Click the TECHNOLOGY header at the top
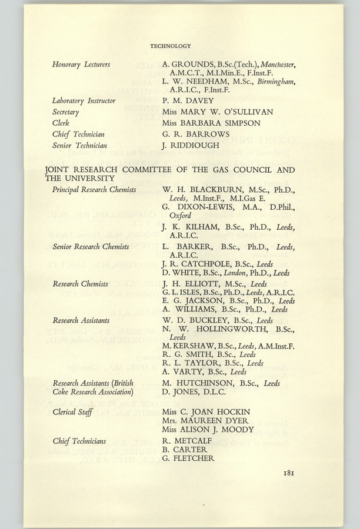pyautogui.click(x=171, y=45)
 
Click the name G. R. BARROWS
pyautogui.click(x=190, y=134)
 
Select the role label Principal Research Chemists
pyautogui.click(x=94, y=190)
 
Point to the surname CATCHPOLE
pyautogui.click(x=204, y=264)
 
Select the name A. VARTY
pyautogui.click(x=182, y=371)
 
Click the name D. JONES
pyautogui.click(x=183, y=392)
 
